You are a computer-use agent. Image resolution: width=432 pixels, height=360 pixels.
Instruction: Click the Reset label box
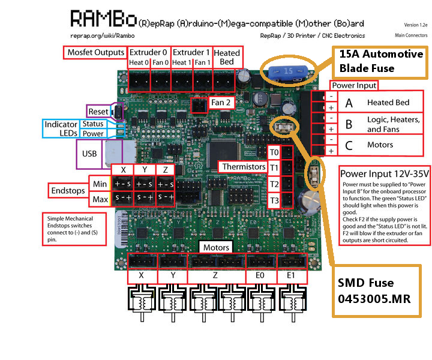pos(98,112)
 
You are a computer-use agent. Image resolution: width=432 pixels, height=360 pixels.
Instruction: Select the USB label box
pos(89,154)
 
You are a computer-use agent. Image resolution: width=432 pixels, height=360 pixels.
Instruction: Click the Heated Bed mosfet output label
pos(227,57)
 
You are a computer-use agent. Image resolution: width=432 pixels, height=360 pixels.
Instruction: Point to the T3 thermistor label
pos(274,200)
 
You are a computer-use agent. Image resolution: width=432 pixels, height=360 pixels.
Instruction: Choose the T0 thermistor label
pos(274,151)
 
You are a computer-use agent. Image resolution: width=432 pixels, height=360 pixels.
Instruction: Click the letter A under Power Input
pos(348,103)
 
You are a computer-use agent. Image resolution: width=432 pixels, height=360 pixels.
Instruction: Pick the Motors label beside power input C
pos(380,145)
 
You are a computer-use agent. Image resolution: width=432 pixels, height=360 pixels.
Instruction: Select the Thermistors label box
pos(243,166)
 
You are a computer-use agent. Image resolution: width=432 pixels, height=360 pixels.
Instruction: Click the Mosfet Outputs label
pos(95,52)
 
